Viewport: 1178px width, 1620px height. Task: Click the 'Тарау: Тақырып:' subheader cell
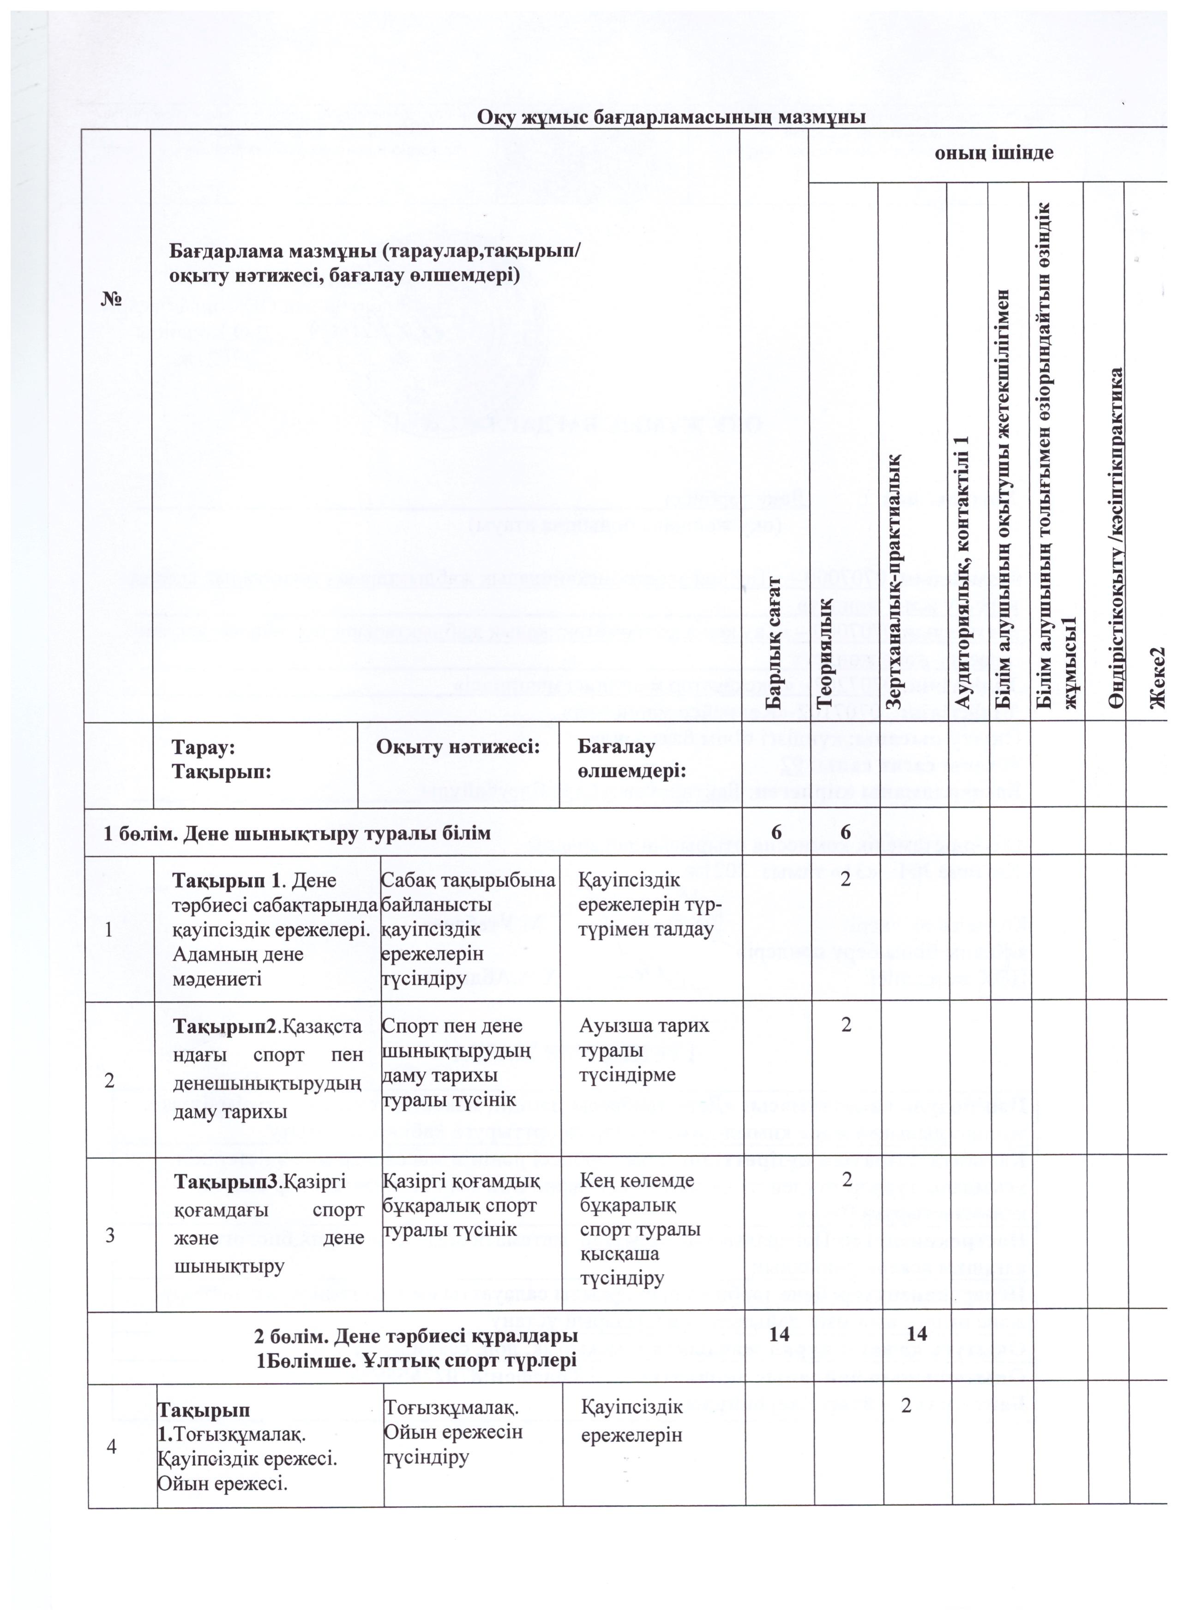pyautogui.click(x=204, y=759)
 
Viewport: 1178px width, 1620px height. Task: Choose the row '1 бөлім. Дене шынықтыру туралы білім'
pyautogui.click(x=297, y=833)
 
